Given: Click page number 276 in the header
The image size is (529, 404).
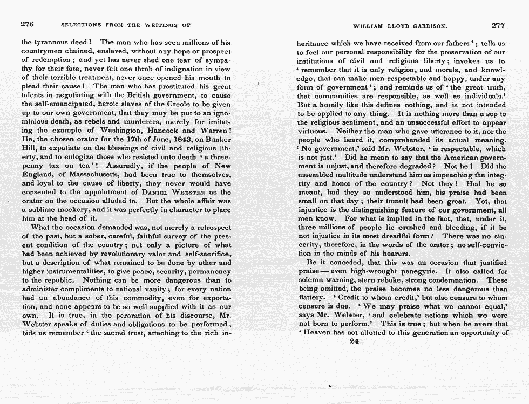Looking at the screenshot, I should pyautogui.click(x=27, y=24).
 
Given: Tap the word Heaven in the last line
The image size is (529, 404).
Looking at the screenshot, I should pyautogui.click(x=320, y=332).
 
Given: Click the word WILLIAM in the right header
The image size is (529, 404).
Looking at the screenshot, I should pyautogui.click(x=369, y=25).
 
